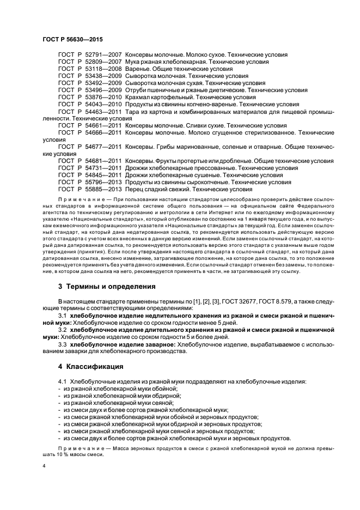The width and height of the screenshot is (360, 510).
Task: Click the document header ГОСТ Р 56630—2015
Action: coord(72,40)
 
